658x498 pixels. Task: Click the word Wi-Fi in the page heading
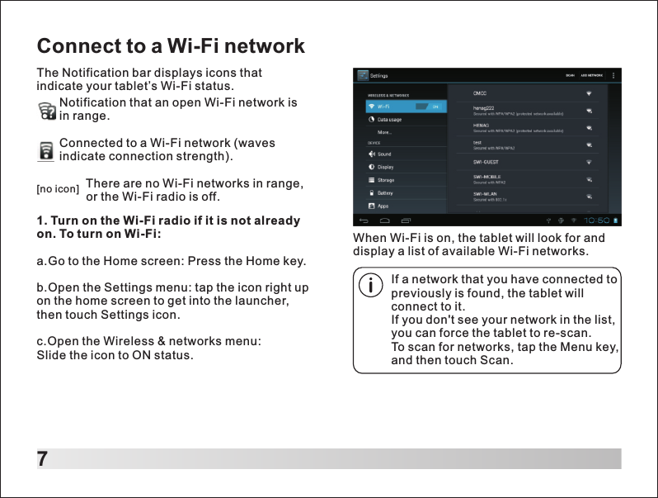pos(192,45)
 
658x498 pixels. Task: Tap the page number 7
pos(42,459)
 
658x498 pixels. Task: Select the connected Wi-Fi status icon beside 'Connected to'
pos(47,151)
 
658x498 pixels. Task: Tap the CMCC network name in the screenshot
pos(479,92)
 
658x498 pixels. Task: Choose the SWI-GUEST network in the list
pos(486,162)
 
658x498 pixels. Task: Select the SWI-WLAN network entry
pos(485,194)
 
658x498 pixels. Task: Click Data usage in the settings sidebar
pos(389,120)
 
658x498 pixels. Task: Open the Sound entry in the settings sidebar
pos(384,154)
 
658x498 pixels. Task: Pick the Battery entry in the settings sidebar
pos(385,192)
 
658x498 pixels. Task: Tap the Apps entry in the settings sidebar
pos(383,206)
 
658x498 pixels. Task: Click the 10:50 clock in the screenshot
pos(597,221)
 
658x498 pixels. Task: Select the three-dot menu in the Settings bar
pos(613,75)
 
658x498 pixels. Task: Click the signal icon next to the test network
pos(589,145)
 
